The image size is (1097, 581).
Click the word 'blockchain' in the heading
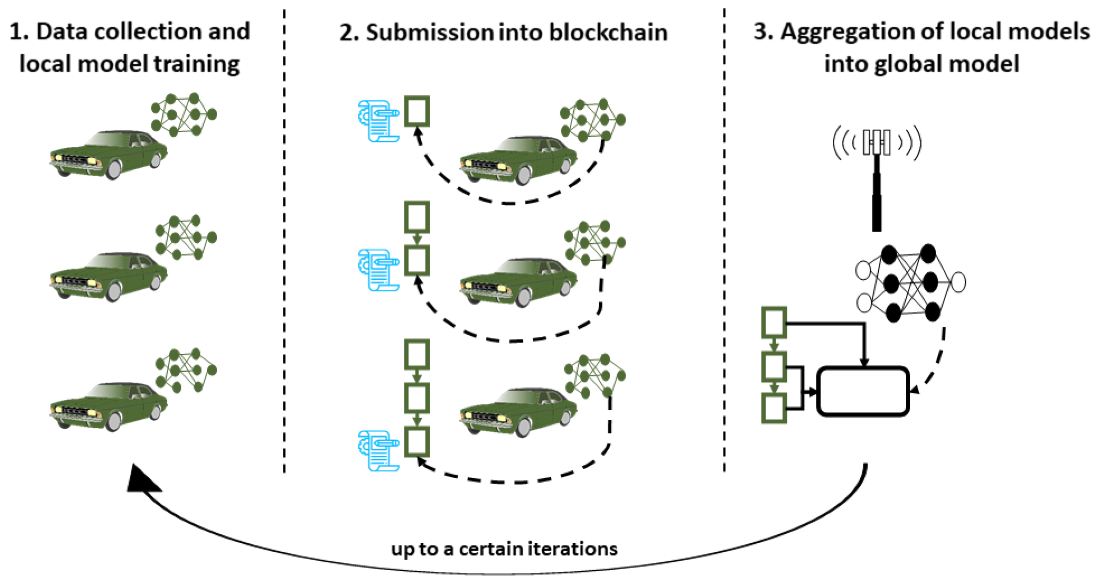[x=608, y=32]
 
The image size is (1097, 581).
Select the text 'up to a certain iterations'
[x=504, y=549]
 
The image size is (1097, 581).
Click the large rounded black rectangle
[x=862, y=391]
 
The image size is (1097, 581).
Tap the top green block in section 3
[x=773, y=322]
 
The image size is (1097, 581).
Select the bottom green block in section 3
[x=773, y=408]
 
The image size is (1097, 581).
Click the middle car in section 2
[x=518, y=282]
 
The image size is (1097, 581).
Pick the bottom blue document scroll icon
[x=378, y=450]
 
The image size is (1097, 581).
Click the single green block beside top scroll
[x=416, y=111]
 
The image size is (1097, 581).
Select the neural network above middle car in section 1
[x=186, y=238]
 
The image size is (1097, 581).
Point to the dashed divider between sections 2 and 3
[x=724, y=240]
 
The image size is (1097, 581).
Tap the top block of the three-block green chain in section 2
[x=416, y=354]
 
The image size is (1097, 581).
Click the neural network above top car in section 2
[x=592, y=120]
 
